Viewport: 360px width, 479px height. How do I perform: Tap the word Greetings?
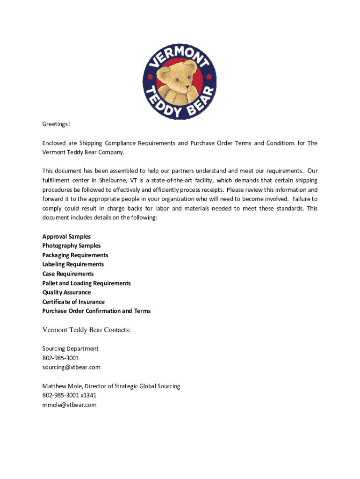56,124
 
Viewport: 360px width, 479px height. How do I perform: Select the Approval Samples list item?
66,236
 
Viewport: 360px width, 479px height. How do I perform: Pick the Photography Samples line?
72,246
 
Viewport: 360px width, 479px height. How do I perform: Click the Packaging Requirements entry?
75,255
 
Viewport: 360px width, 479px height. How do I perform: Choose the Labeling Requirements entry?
73,264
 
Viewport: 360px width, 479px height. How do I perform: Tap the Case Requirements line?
68,274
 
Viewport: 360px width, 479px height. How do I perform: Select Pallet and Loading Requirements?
86,283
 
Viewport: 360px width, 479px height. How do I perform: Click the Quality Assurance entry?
66,292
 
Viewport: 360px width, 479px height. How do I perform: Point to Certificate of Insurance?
73,302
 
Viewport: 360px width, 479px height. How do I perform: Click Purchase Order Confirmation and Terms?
96,311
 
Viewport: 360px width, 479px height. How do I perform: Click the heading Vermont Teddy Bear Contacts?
86,330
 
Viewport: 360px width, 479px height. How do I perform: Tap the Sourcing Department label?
70,348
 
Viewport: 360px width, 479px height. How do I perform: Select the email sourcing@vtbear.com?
71,367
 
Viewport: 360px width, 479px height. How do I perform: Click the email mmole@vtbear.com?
69,405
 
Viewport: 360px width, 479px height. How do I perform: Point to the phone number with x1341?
69,395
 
